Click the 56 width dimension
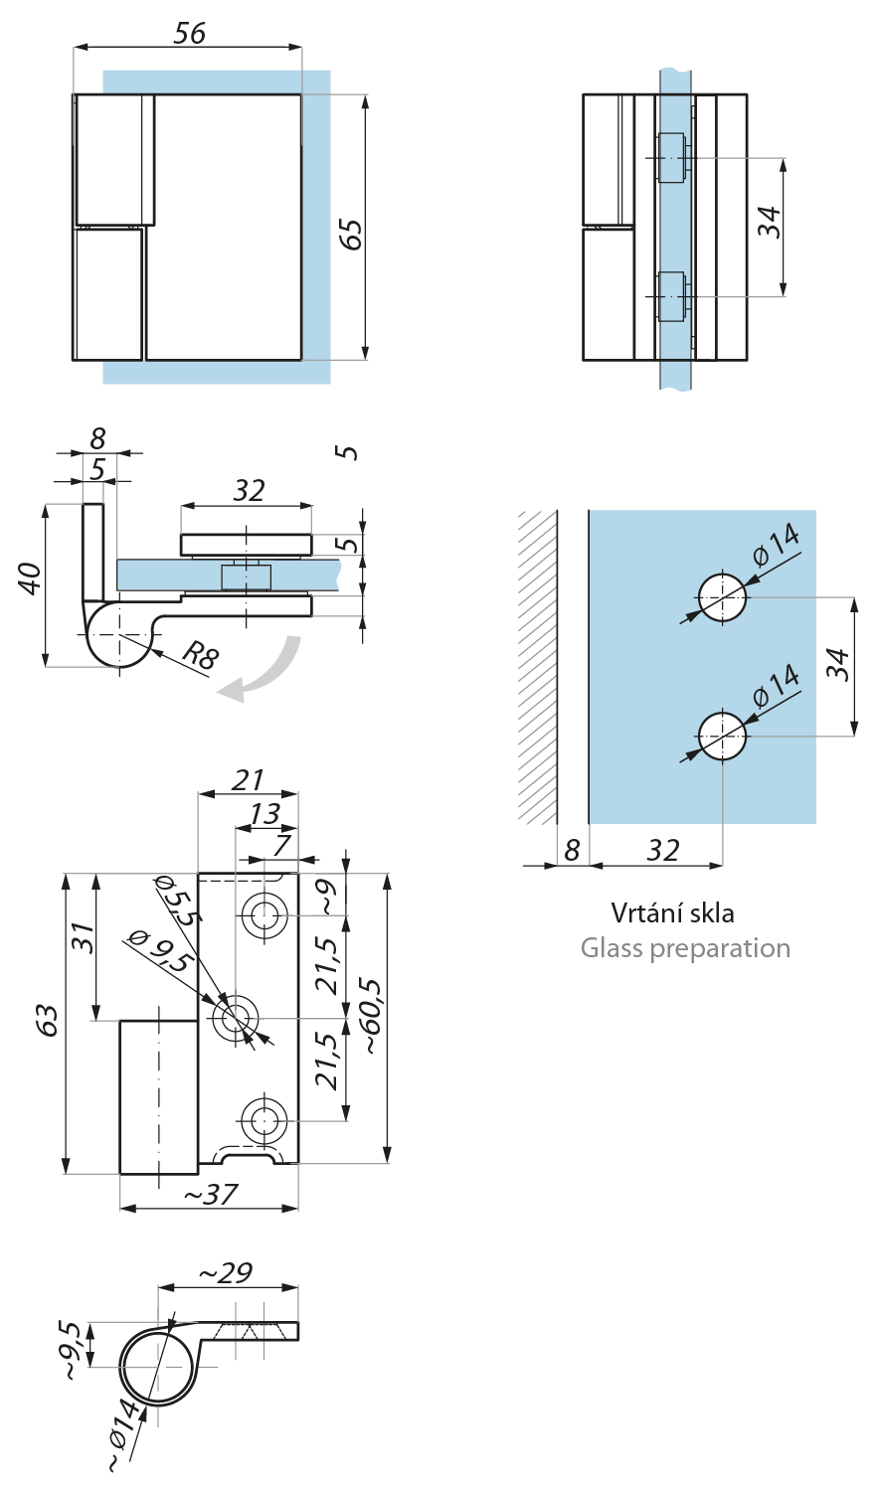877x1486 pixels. [189, 33]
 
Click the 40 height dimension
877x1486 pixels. [32, 578]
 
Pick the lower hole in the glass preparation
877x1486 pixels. [722, 737]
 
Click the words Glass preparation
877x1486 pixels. [685, 948]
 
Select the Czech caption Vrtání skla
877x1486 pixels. [672, 912]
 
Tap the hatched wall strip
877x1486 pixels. [537, 666]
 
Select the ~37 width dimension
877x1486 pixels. [209, 1193]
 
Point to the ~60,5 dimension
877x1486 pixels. [371, 1019]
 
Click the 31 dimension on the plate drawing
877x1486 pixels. [84, 939]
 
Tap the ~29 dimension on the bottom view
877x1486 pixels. [226, 1272]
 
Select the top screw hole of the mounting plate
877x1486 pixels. [264, 913]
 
